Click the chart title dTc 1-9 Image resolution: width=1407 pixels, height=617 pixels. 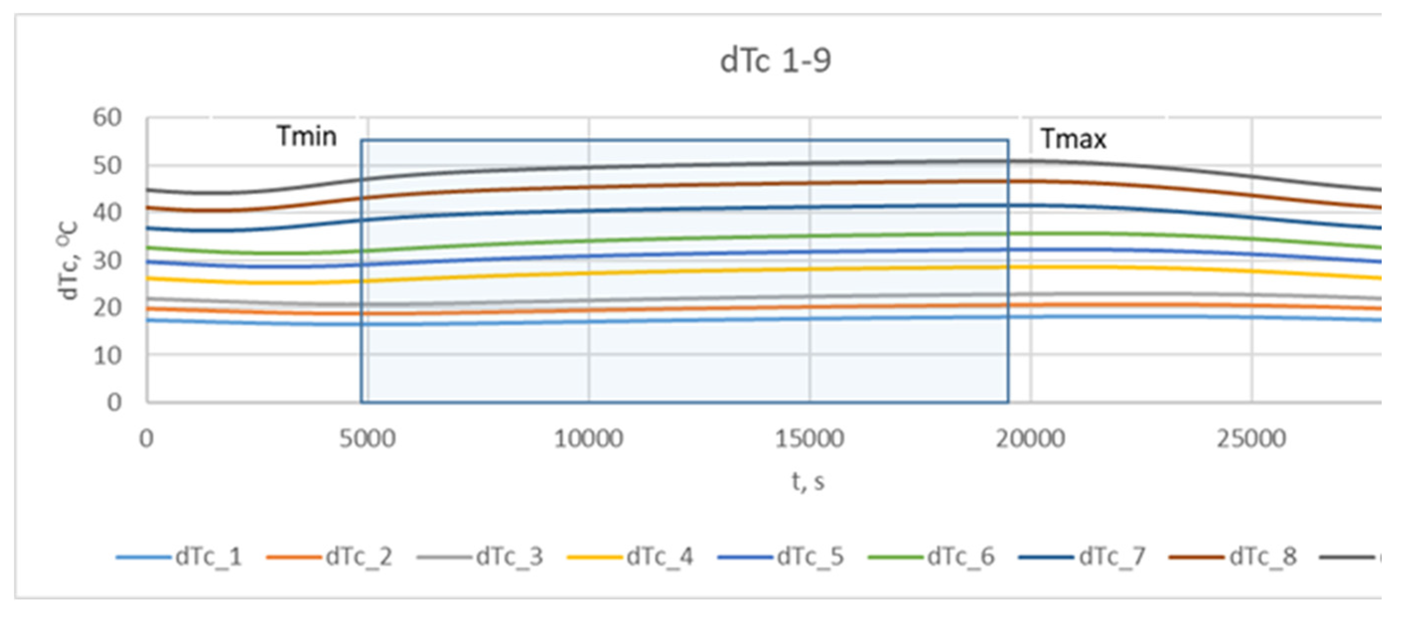tap(775, 61)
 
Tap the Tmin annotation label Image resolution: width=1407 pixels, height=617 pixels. tap(306, 136)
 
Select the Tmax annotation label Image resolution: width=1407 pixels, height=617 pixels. tap(1073, 139)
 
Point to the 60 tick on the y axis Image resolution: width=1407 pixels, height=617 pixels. tap(107, 118)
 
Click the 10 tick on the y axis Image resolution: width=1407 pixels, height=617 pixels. tap(107, 356)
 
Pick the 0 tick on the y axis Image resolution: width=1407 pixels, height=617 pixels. tap(114, 403)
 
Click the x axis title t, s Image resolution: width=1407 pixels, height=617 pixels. tap(808, 482)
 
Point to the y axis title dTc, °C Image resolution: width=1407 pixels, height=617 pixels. tap(69, 261)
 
